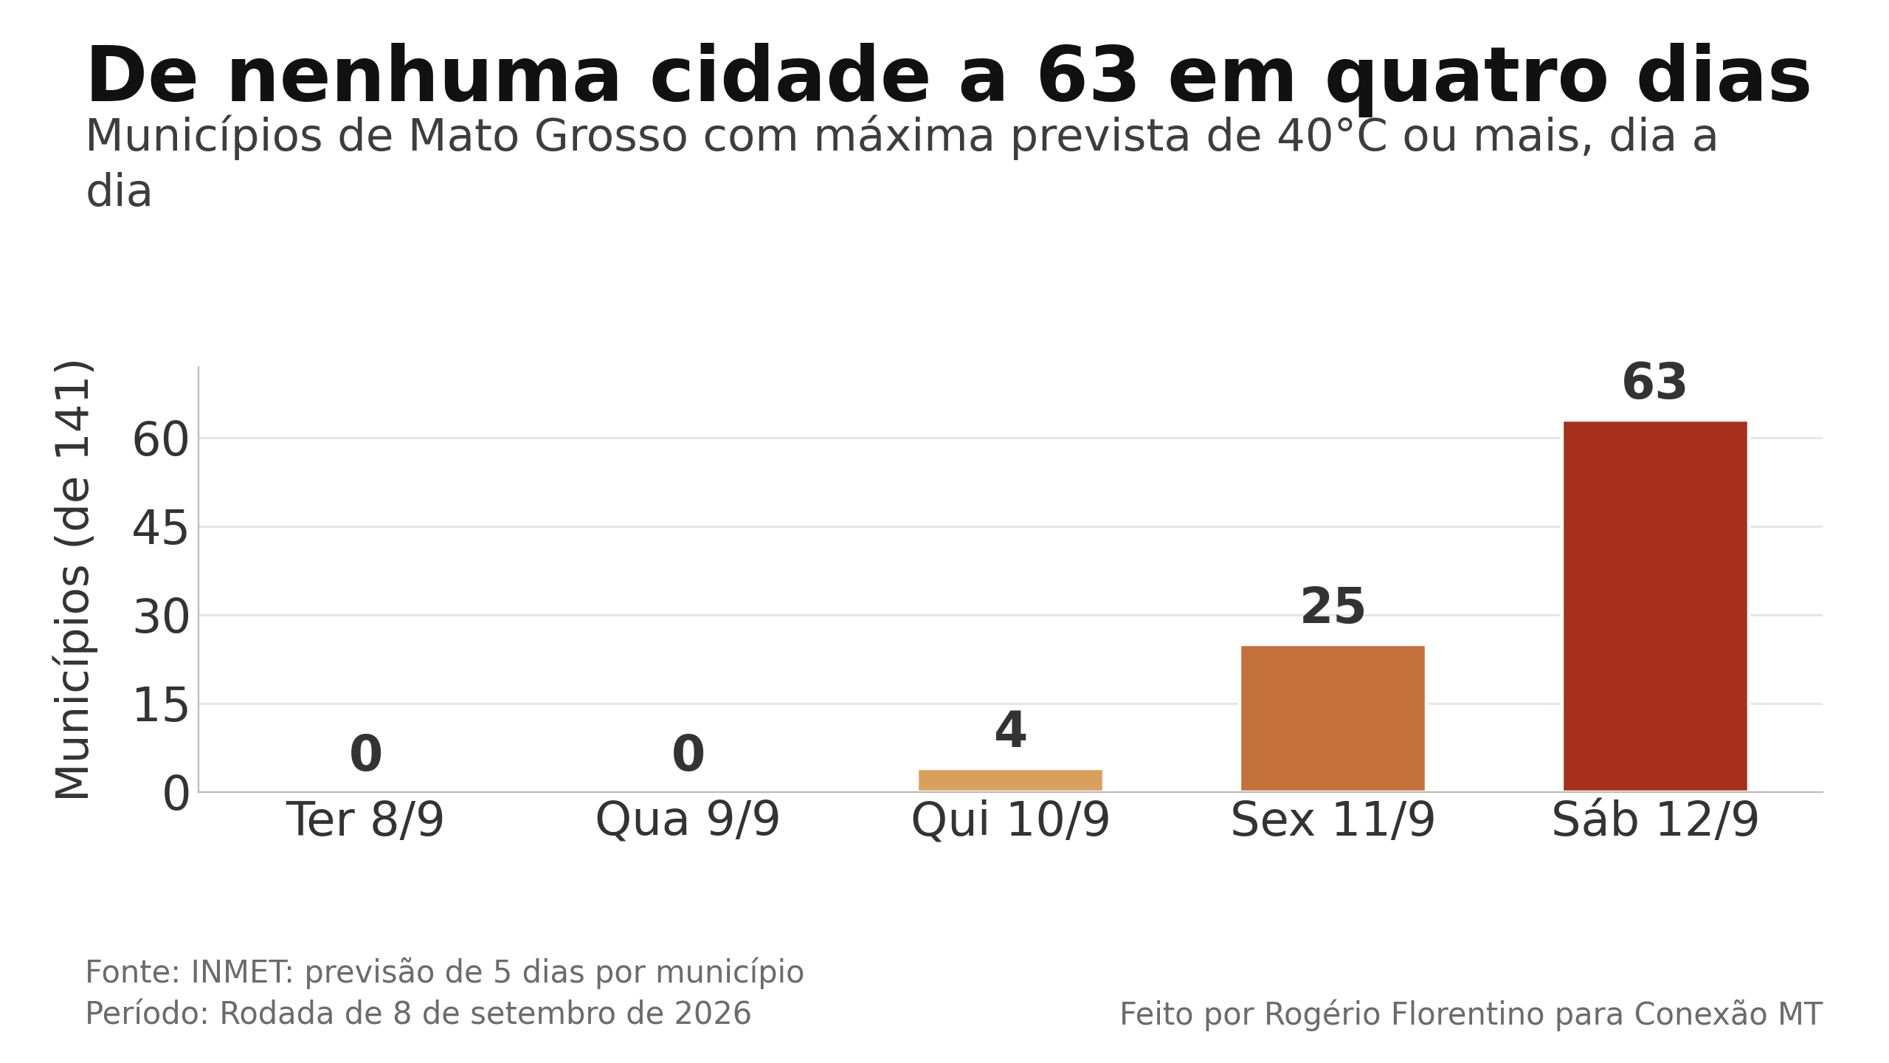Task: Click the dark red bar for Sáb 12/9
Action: (x=1655, y=606)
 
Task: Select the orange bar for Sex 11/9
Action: (x=1333, y=718)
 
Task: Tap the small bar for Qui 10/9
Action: (x=1010, y=780)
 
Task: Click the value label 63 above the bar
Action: (x=1654, y=382)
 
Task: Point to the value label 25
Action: (x=1333, y=607)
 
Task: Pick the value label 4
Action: (x=1010, y=731)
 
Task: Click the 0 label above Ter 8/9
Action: (x=365, y=754)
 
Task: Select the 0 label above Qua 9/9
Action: (x=688, y=754)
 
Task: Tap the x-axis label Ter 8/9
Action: (x=365, y=820)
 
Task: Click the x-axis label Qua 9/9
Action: (x=688, y=820)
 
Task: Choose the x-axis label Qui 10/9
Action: (x=1010, y=820)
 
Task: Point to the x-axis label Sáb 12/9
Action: (x=1655, y=820)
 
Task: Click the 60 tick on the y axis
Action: (x=161, y=441)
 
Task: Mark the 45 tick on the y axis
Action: (x=161, y=529)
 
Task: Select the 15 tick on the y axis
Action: (x=161, y=706)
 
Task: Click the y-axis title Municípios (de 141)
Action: (x=73, y=579)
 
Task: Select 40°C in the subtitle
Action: (x=1332, y=137)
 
